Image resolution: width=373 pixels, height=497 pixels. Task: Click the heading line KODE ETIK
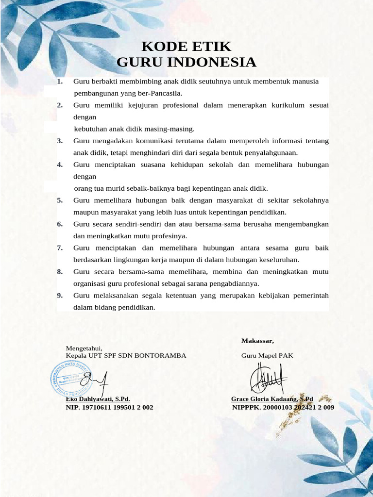(x=186, y=47)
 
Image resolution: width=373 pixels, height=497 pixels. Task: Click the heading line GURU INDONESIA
(x=186, y=63)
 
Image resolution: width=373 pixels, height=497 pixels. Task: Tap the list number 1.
(x=60, y=82)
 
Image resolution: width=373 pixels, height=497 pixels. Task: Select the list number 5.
(x=60, y=200)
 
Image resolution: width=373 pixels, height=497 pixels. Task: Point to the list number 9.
(x=60, y=296)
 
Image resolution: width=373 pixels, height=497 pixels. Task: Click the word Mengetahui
(x=84, y=348)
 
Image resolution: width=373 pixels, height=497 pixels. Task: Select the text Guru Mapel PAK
(x=267, y=355)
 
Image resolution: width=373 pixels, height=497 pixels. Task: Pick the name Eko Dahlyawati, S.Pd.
(x=98, y=399)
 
